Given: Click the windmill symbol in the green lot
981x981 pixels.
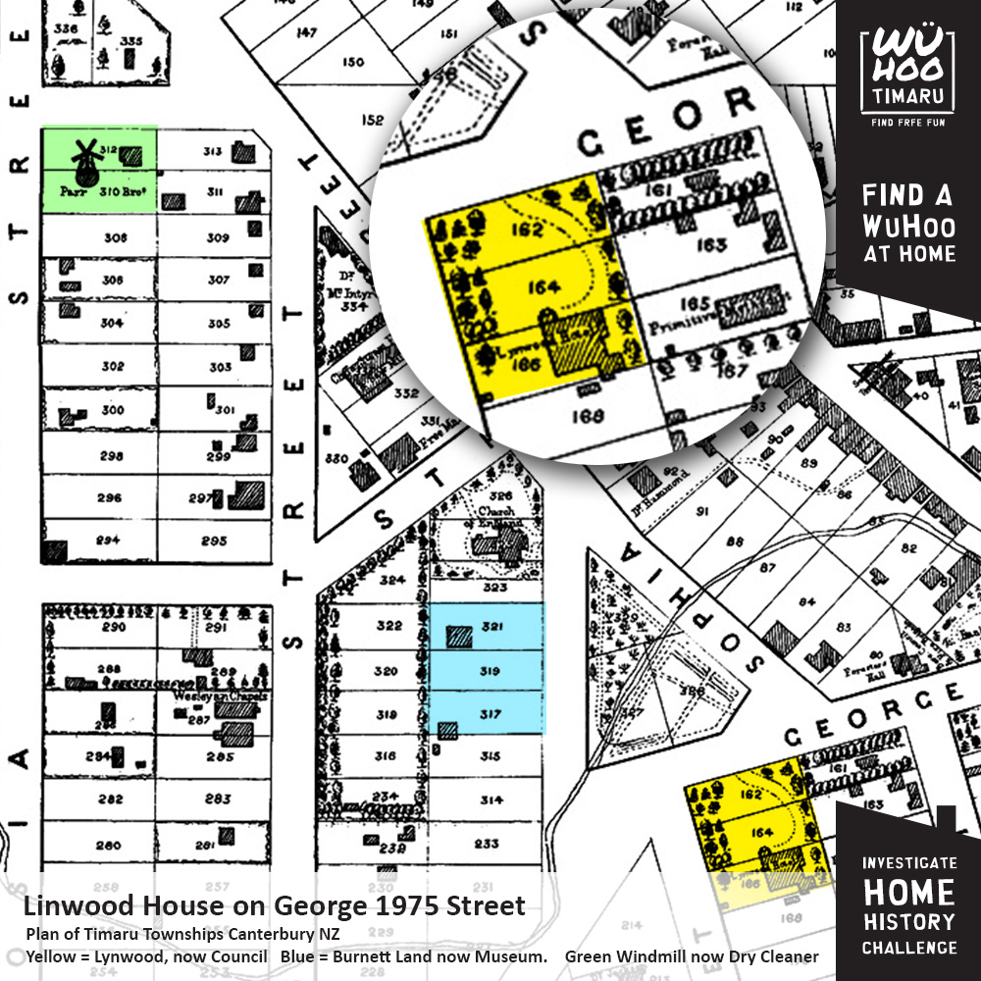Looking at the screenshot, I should (x=85, y=161).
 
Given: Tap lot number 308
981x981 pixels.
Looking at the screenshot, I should (x=115, y=237).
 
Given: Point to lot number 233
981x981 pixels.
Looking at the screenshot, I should (x=488, y=843).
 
